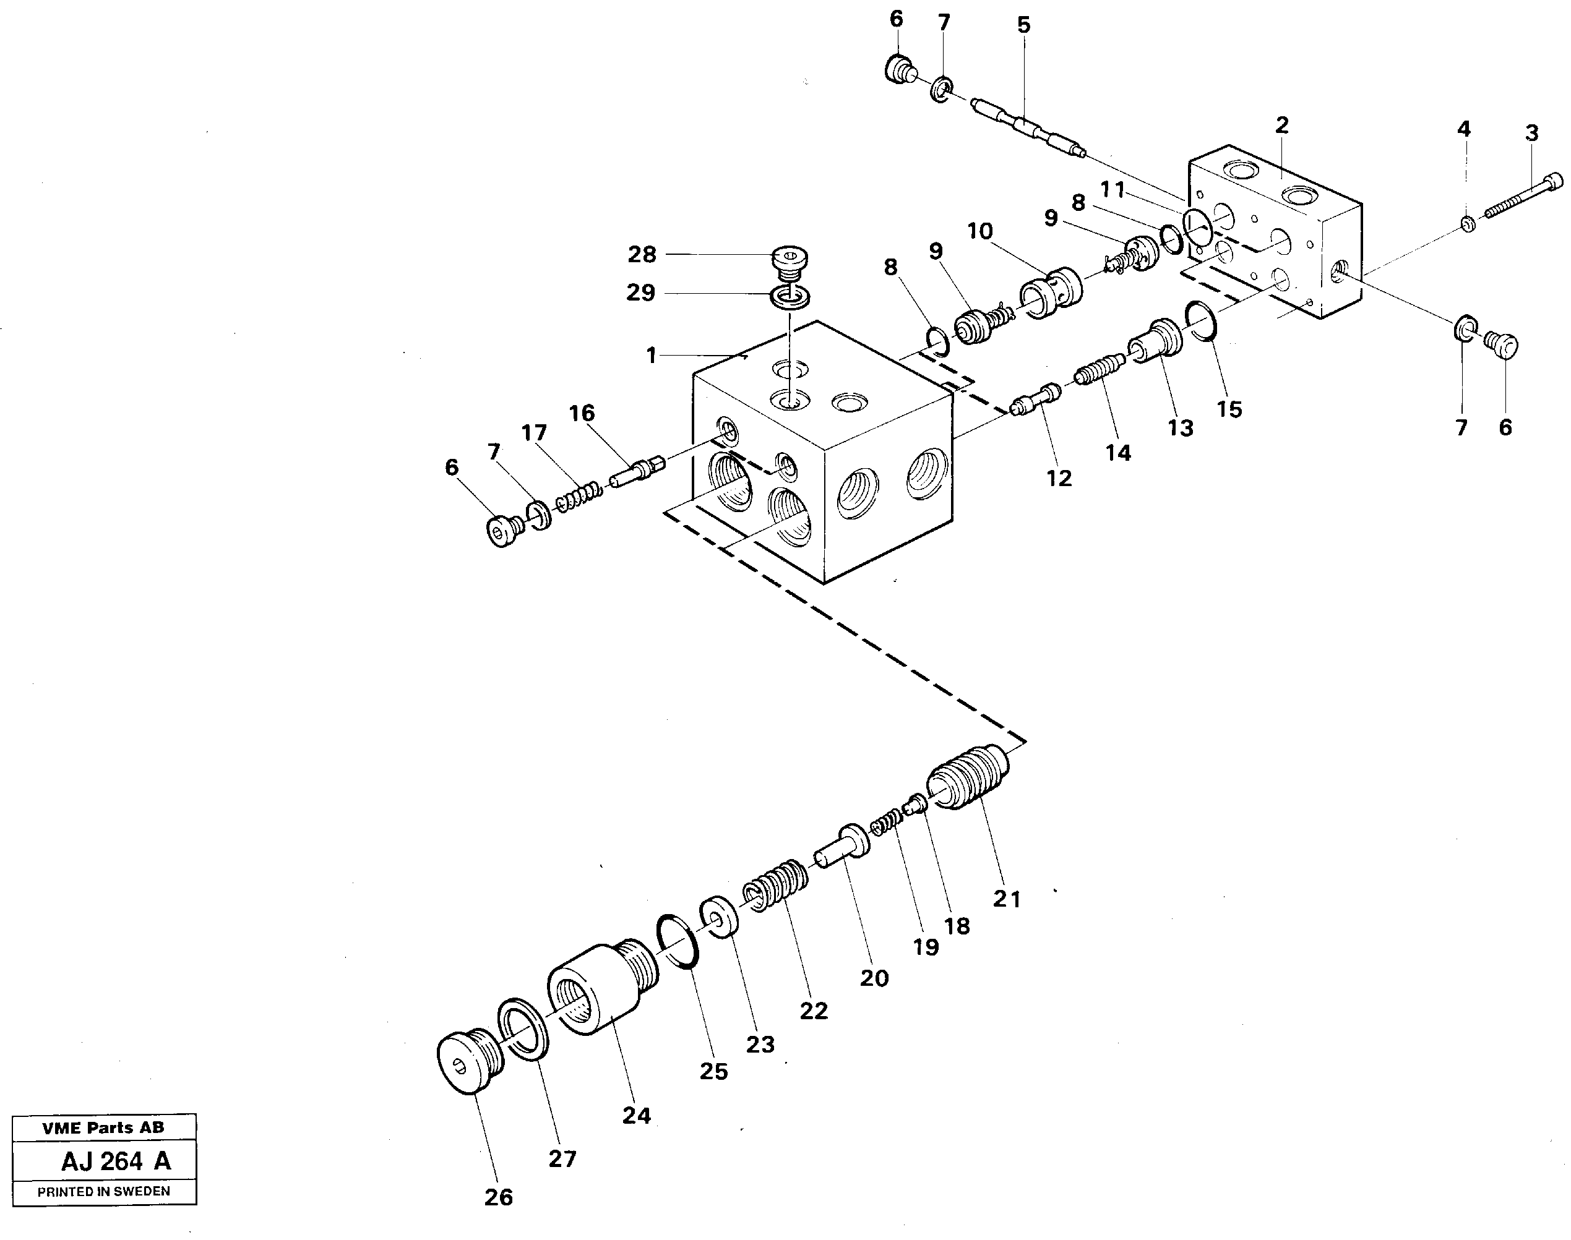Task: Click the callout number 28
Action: coord(642,255)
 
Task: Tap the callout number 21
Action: coord(1007,899)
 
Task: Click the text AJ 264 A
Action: coord(116,1161)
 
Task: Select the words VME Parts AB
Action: coord(103,1127)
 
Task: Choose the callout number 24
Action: coord(636,1115)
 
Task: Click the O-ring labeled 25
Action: coord(678,943)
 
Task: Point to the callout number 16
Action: coord(582,413)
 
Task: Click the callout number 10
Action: coord(980,231)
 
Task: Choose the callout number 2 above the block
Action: coord(1282,125)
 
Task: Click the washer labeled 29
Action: coord(791,297)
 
